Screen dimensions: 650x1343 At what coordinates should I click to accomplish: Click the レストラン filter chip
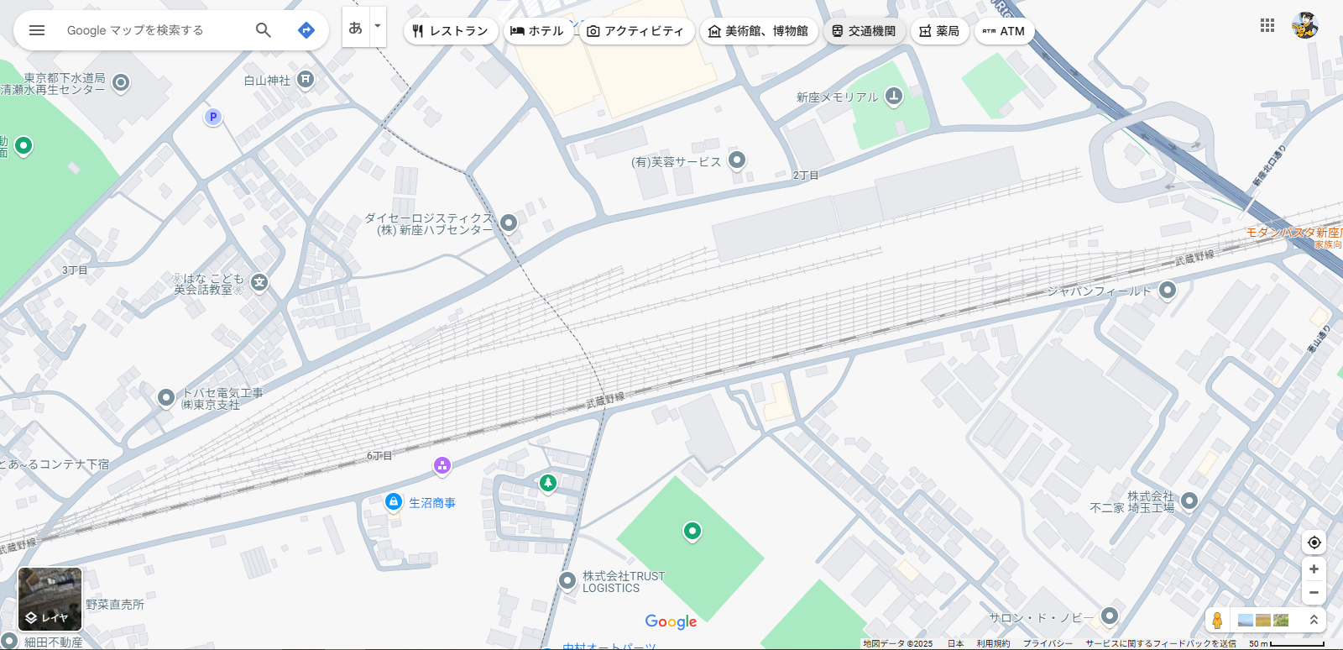click(450, 31)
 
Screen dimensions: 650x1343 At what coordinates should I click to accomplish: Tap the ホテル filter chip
click(537, 31)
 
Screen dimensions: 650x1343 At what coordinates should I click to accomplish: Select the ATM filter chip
click(1004, 31)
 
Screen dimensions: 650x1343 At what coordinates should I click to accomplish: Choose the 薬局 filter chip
click(939, 31)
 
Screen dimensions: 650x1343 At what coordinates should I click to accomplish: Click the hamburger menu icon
click(37, 30)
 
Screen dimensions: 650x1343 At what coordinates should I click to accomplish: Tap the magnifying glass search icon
click(264, 30)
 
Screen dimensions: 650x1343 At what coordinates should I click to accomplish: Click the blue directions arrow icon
click(306, 30)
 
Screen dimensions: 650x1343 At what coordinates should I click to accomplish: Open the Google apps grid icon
click(1267, 25)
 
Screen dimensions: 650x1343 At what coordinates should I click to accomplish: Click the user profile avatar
click(1304, 25)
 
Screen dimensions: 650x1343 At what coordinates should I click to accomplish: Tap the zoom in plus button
click(1314, 569)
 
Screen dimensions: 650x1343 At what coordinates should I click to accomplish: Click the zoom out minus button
click(1314, 593)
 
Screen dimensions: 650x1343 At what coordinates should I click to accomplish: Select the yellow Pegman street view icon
click(1217, 621)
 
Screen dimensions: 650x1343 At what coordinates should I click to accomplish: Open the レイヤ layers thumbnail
click(50, 599)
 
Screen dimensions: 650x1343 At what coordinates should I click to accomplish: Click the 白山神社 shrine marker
click(306, 80)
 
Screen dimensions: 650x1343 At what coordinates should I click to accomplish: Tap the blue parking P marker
click(213, 117)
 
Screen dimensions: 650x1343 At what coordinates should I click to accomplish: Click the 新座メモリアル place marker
click(894, 97)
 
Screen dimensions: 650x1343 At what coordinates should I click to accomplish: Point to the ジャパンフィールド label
click(1099, 291)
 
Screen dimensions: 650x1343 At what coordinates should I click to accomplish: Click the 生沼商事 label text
click(432, 503)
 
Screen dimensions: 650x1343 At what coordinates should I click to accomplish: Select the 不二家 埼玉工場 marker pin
click(1189, 501)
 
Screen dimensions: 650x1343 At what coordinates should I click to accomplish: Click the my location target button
click(1314, 543)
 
